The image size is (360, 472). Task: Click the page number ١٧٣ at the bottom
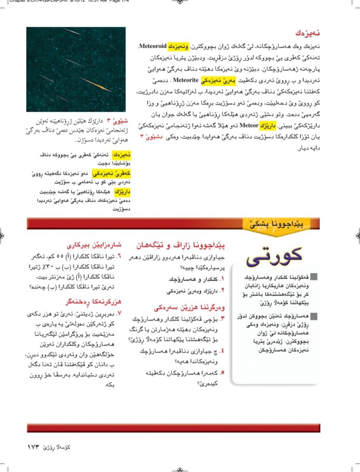tap(35, 447)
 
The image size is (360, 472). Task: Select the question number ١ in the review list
tap(221, 279)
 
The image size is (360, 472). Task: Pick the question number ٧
tap(119, 314)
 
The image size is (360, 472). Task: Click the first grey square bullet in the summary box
tap(314, 277)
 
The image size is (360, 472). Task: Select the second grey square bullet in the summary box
tap(314, 316)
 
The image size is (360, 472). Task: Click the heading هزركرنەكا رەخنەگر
tap(91, 302)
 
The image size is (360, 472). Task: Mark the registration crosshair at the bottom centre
tap(180, 467)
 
